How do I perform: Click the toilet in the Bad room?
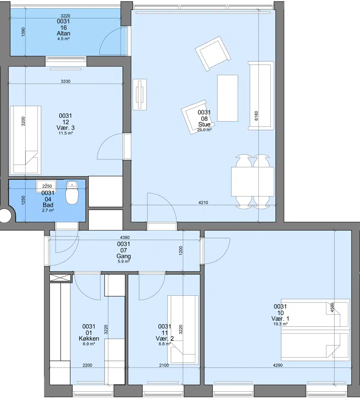[72, 192]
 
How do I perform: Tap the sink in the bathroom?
[46, 186]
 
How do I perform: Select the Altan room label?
[63, 33]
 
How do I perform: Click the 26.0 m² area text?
[204, 130]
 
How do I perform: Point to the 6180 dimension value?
[256, 116]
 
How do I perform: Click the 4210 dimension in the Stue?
[203, 203]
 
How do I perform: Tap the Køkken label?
[89, 339]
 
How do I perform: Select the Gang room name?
[124, 256]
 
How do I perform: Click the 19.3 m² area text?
[280, 324]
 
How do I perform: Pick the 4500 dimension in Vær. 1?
[333, 308]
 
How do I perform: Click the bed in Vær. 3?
[25, 140]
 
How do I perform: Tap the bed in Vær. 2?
[183, 329]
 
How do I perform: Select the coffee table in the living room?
[228, 98]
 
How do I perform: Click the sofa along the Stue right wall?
[261, 96]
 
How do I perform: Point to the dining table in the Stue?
[253, 181]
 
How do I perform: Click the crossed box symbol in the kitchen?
[60, 278]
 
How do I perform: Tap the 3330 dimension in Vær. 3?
[66, 81]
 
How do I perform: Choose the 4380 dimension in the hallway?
[125, 238]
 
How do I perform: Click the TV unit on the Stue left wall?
[139, 95]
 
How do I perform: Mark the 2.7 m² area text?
[48, 210]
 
